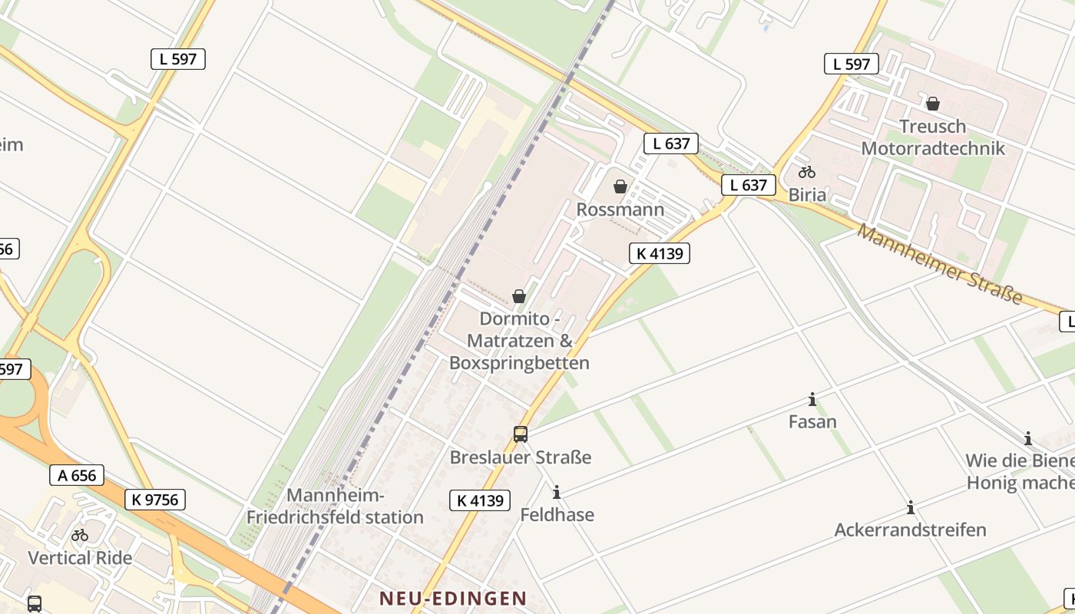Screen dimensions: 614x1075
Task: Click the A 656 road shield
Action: point(78,475)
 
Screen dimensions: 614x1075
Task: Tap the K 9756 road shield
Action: point(155,500)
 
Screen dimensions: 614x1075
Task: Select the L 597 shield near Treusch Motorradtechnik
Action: point(852,64)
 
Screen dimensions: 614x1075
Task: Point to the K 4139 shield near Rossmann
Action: point(660,253)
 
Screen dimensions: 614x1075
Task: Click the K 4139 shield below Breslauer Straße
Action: point(480,500)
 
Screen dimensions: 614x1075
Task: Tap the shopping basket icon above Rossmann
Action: point(620,187)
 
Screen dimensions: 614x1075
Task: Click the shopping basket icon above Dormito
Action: point(519,296)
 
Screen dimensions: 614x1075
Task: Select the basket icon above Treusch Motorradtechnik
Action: point(933,103)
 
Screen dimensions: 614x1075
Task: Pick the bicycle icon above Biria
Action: point(806,172)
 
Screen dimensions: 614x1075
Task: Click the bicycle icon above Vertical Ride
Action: point(80,535)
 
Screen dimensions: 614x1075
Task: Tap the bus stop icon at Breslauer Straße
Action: point(521,434)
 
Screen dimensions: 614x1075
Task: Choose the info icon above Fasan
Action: point(812,399)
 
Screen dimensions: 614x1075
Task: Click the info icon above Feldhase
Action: point(557,492)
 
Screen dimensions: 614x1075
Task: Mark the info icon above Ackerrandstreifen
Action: point(911,507)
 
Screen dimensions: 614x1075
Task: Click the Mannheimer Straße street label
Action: point(941,263)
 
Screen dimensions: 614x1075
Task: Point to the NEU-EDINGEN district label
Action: point(453,599)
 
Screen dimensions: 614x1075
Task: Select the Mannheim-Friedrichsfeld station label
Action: point(335,507)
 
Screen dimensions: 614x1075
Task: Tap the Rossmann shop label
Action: point(620,210)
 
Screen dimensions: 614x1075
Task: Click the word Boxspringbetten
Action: point(519,363)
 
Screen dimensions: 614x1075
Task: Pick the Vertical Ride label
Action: point(80,558)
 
